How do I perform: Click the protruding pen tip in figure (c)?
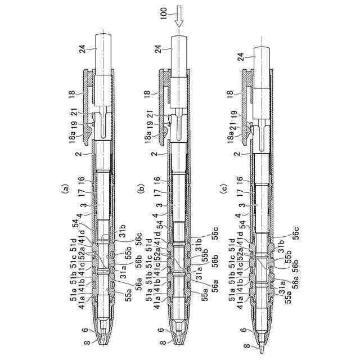pos(263,344)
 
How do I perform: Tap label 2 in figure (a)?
pos(80,152)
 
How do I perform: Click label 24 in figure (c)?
pos(241,56)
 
